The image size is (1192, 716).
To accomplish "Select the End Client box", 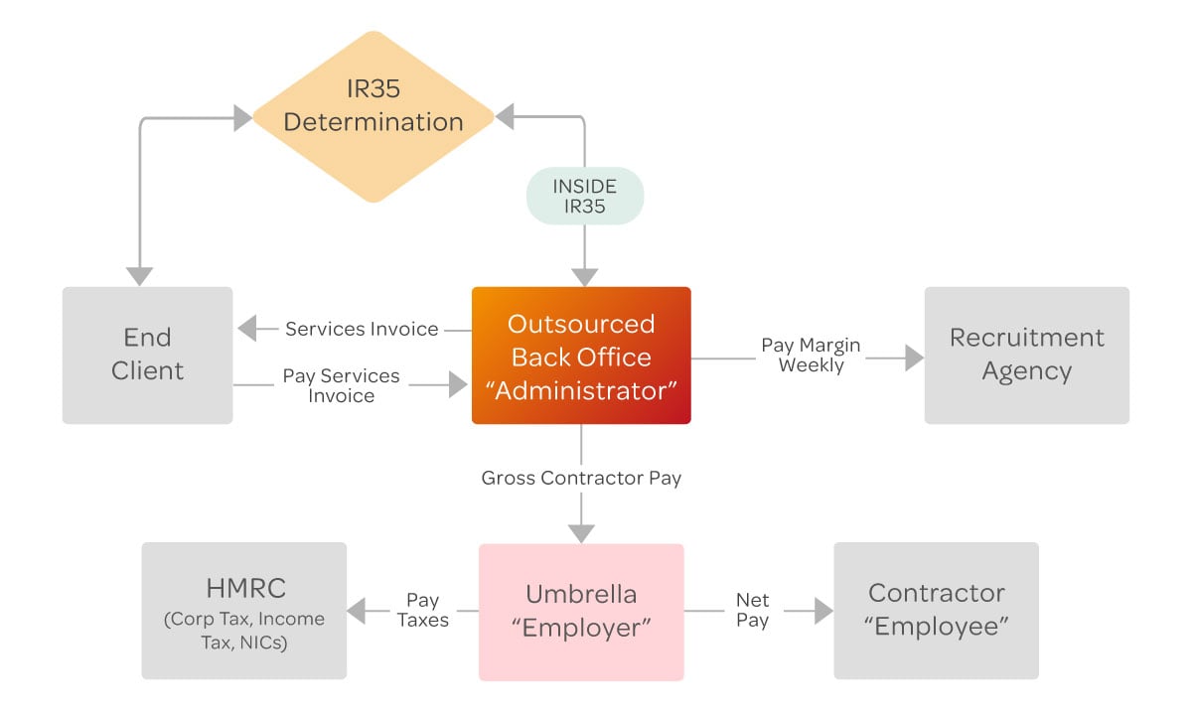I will (147, 355).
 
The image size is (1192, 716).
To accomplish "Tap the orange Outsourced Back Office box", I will (581, 356).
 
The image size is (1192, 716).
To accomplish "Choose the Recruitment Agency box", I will (1026, 355).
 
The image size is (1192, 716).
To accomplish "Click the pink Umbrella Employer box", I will (581, 611).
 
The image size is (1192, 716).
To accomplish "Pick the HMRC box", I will (244, 610).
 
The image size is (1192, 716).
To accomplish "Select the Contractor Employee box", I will (936, 610).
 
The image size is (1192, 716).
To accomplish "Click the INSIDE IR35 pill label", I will (584, 196).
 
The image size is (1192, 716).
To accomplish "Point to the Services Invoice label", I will (362, 329).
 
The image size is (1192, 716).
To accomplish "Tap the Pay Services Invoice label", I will (341, 385).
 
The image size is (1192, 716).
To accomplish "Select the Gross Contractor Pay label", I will (581, 478).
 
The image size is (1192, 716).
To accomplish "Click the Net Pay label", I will (752, 610).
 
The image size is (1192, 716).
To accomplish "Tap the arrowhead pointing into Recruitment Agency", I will (914, 358).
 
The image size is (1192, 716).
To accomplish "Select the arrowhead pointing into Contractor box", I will (823, 611).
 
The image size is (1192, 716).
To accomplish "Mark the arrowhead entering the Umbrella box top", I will (581, 532).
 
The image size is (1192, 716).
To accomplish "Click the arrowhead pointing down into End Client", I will (140, 275).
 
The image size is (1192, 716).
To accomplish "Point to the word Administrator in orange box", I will (581, 390).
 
